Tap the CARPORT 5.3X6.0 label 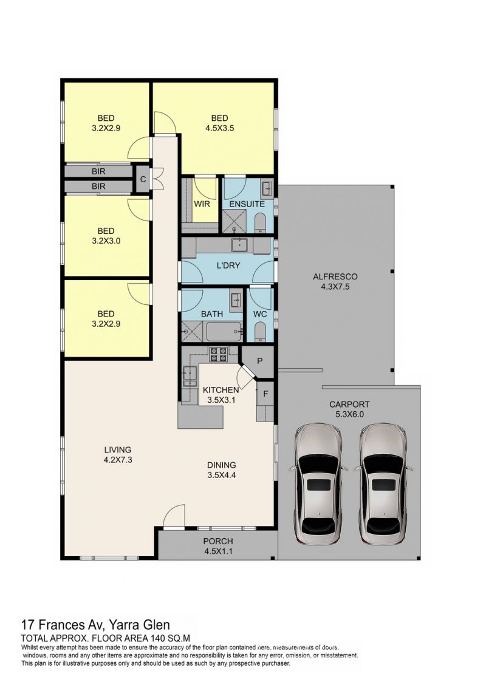(349, 409)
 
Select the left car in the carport (318, 484)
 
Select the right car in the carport (383, 484)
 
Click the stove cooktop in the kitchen (218, 354)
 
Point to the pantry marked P (259, 361)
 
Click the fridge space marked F (265, 394)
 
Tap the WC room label (260, 314)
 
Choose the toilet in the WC (260, 332)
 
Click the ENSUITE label (247, 204)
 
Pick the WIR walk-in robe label (202, 204)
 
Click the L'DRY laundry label (228, 265)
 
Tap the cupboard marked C (143, 179)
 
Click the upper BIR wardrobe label (98, 172)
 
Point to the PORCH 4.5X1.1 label (218, 546)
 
